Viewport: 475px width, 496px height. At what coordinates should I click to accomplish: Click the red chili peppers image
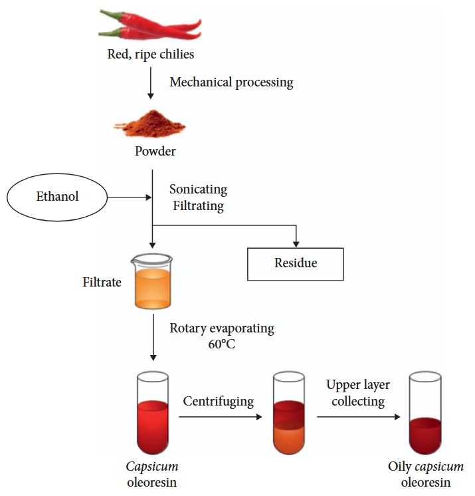[x=150, y=25]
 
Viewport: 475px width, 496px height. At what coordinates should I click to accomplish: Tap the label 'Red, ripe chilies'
[x=151, y=54]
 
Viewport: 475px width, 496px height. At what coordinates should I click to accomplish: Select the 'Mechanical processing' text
[x=231, y=82]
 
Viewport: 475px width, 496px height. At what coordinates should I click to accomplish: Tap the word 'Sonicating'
[x=198, y=189]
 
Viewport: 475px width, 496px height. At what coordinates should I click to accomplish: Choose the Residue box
[x=296, y=263]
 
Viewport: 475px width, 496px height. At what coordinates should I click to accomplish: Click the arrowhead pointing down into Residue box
[x=296, y=243]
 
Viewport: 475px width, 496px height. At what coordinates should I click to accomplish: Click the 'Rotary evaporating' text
[x=222, y=328]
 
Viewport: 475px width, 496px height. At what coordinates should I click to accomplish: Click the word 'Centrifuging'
[x=219, y=402]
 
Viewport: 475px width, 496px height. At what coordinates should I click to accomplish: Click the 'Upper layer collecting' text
[x=357, y=394]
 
